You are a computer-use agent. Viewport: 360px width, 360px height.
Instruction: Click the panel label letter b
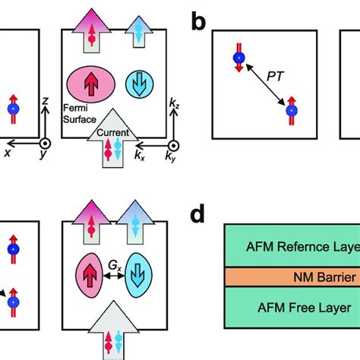coord(198,22)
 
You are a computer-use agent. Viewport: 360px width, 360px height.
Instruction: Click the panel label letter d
coord(198,216)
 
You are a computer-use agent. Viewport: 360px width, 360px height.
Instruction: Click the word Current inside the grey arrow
coord(113,133)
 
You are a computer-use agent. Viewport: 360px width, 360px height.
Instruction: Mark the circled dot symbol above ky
coord(174,144)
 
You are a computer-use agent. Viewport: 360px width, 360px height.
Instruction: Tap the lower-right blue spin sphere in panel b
coord(290,111)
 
